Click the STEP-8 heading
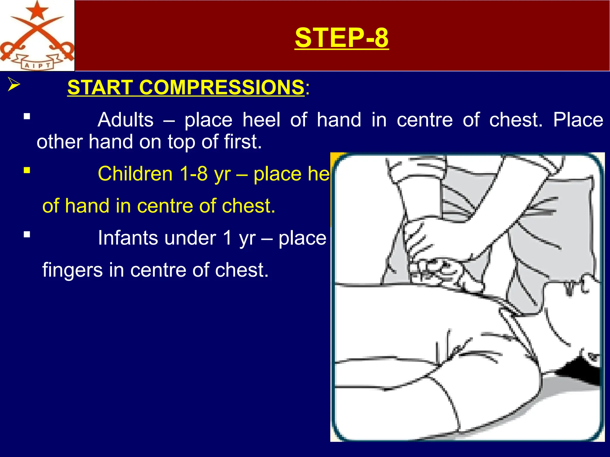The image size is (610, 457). pos(342,37)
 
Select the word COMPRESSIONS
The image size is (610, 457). pos(222,87)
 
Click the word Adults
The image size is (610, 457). pos(125,120)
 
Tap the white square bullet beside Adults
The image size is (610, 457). pos(27,116)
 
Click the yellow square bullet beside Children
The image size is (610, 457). pos(27,170)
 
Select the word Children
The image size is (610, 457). pos(135,174)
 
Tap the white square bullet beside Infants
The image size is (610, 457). pos(27,234)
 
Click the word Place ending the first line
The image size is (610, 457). pos(578,120)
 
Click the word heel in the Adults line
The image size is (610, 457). pos(261,120)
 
